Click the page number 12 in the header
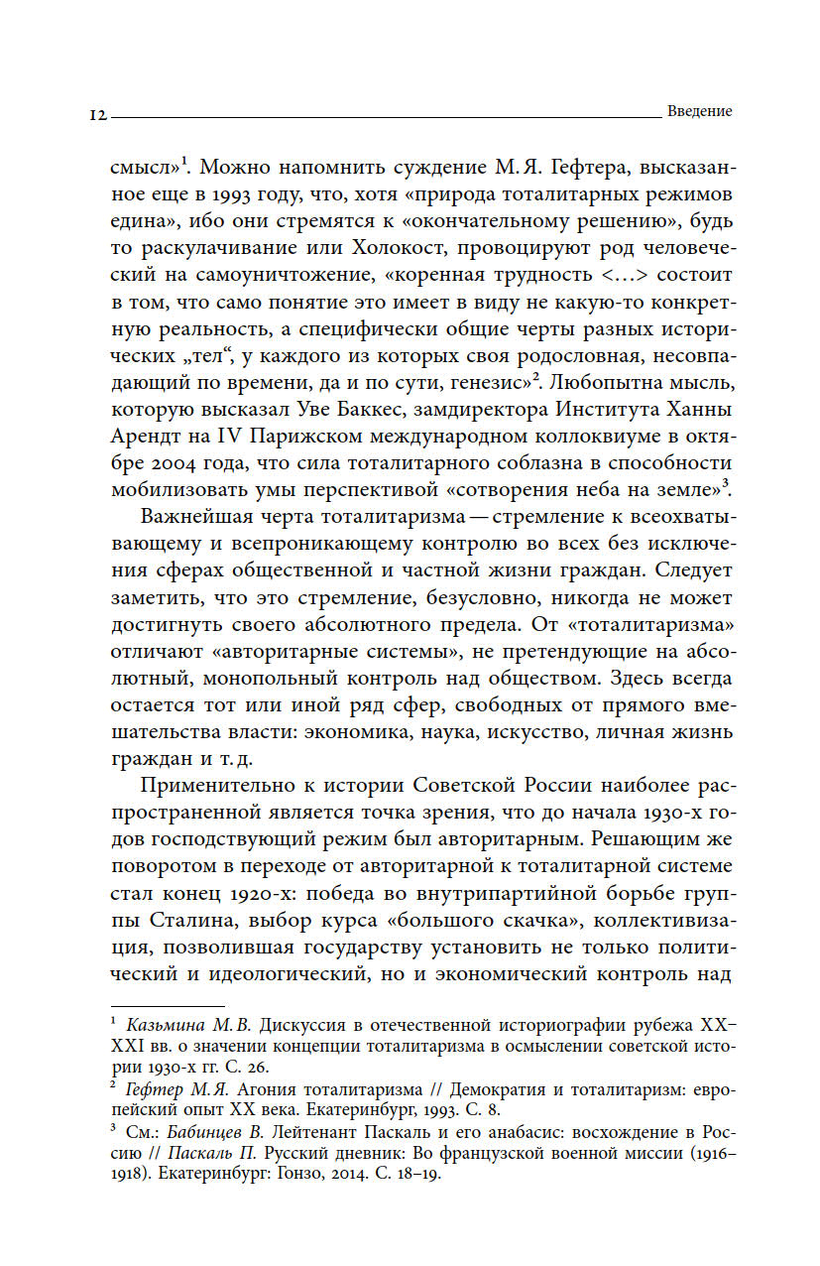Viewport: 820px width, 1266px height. point(96,114)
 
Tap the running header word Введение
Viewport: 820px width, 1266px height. point(699,111)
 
